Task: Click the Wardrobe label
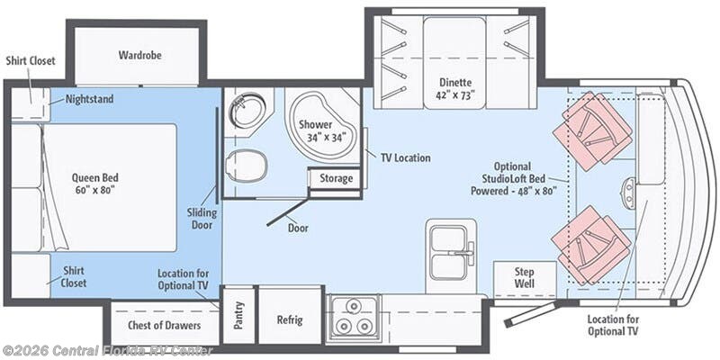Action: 140,55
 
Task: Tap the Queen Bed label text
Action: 95,184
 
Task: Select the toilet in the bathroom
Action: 247,165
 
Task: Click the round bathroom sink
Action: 249,110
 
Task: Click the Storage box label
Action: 336,178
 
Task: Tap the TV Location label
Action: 406,157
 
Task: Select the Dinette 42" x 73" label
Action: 455,89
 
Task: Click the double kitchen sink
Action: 451,254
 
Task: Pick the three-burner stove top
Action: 354,317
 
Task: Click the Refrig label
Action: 290,319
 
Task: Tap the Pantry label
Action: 238,315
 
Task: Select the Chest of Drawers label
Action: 165,325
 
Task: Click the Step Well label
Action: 524,277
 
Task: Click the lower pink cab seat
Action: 591,244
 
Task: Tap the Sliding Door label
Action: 202,219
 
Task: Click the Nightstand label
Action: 89,99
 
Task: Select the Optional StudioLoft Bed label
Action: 514,178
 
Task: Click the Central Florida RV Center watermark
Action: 107,351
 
